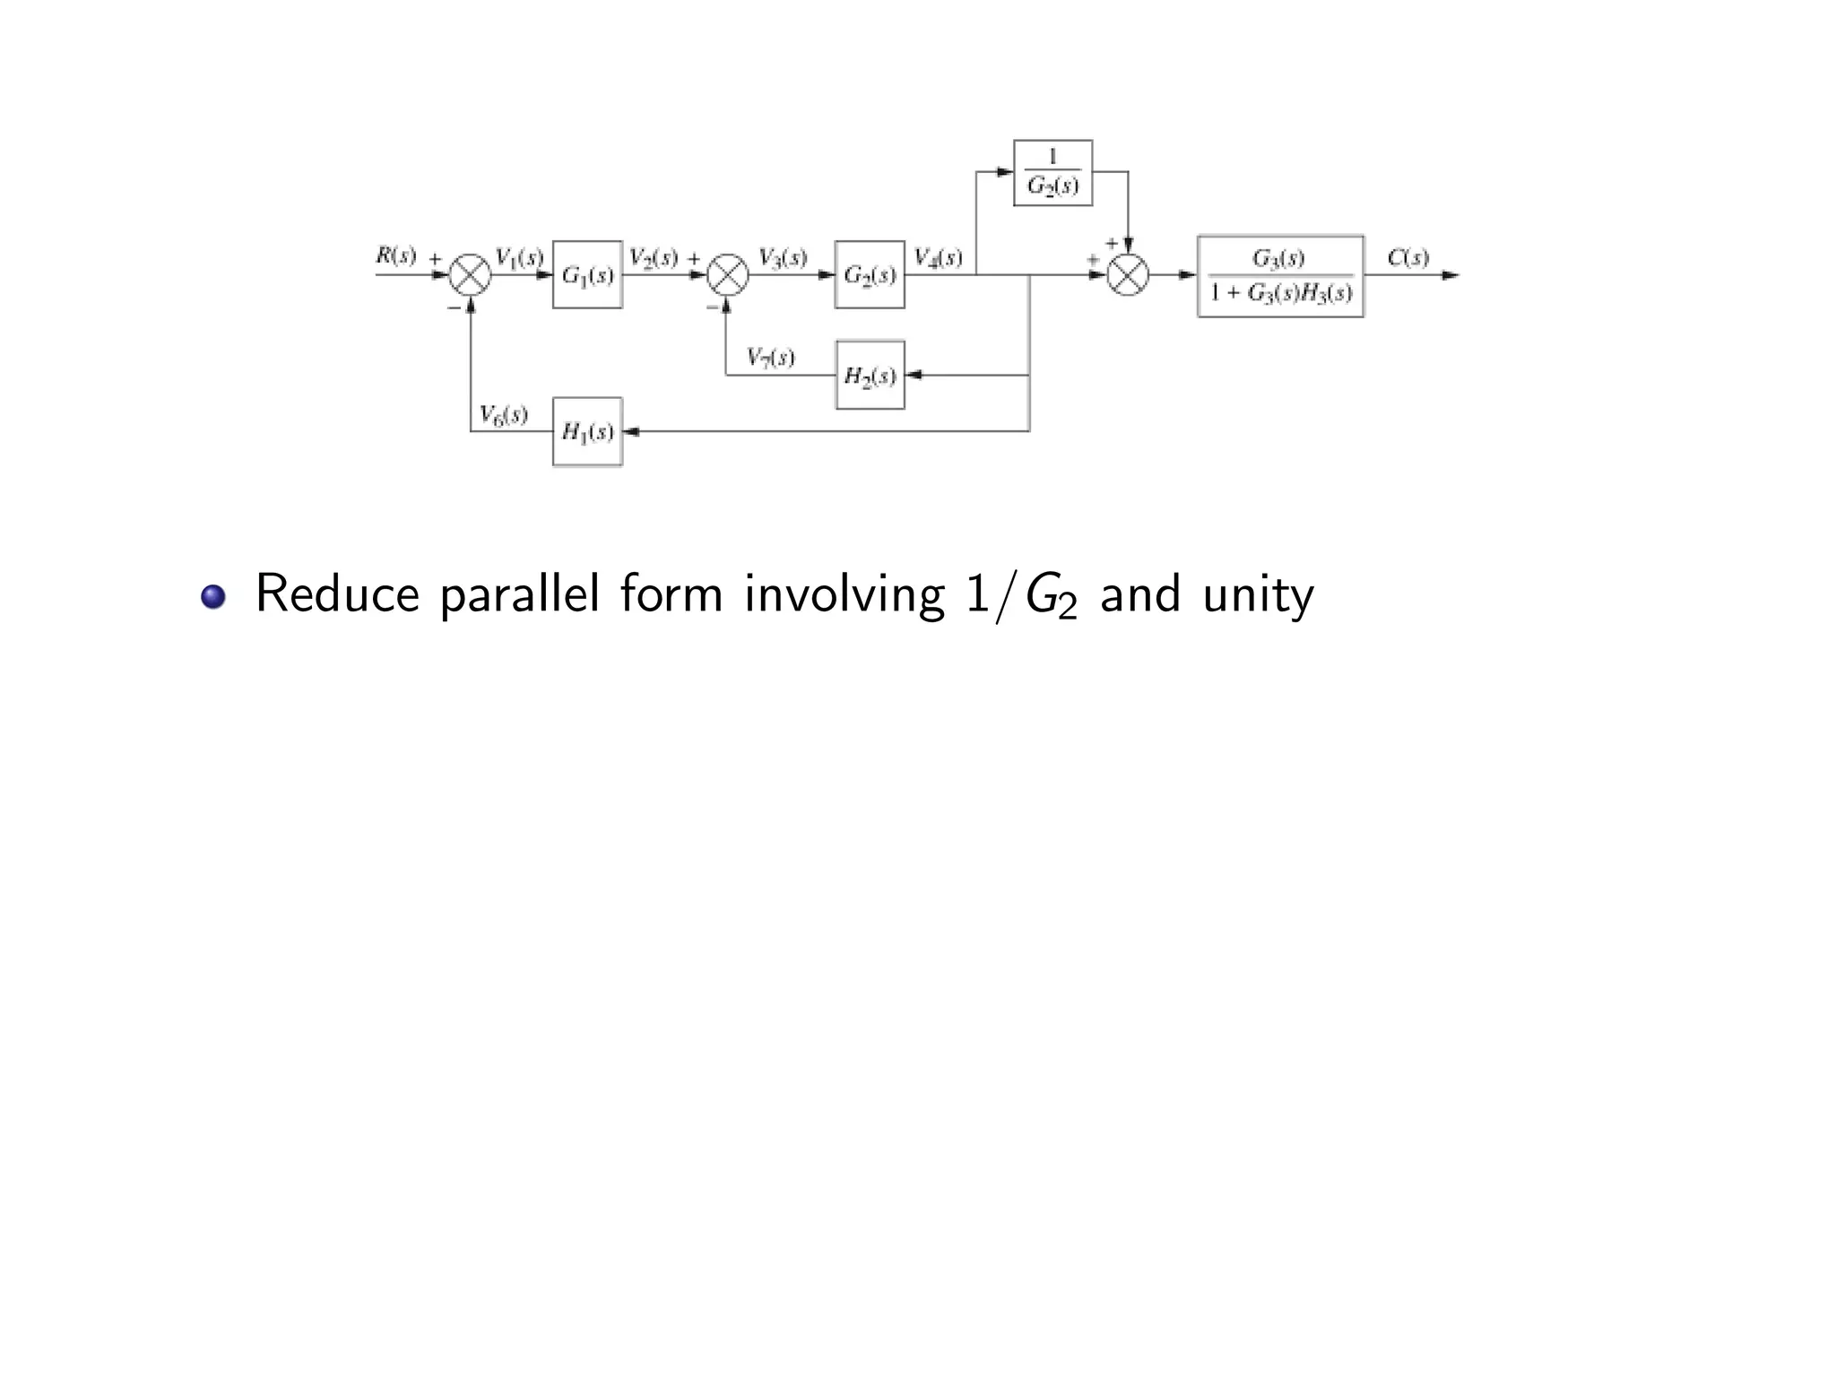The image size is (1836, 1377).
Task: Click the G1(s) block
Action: tap(587, 274)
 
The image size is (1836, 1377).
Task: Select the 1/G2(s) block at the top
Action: tap(1052, 173)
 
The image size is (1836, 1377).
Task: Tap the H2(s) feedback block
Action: tap(870, 375)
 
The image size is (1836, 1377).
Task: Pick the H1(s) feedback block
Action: tap(587, 431)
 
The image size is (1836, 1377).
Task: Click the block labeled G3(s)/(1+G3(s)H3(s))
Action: tap(1280, 276)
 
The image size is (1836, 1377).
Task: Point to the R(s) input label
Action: tap(395, 255)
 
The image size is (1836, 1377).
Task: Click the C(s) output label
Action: tap(1407, 258)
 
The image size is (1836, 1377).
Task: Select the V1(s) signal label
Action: tap(519, 257)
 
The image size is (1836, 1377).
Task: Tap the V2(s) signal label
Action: tap(653, 258)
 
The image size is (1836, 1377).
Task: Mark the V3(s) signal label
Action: tap(782, 258)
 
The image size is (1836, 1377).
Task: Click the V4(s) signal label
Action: tap(938, 258)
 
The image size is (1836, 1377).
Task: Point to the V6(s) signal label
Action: tap(503, 414)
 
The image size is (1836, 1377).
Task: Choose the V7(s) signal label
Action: tap(770, 358)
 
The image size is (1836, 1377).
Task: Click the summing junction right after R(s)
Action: tap(470, 274)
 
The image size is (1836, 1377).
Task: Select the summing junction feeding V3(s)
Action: tap(727, 274)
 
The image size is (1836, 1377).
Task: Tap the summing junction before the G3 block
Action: tap(1128, 274)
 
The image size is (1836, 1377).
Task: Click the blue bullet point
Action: tap(213, 596)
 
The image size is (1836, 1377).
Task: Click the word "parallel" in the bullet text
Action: tap(518, 595)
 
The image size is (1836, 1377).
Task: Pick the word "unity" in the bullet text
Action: tap(1258, 595)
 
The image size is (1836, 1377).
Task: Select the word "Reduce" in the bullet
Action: tap(337, 593)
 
